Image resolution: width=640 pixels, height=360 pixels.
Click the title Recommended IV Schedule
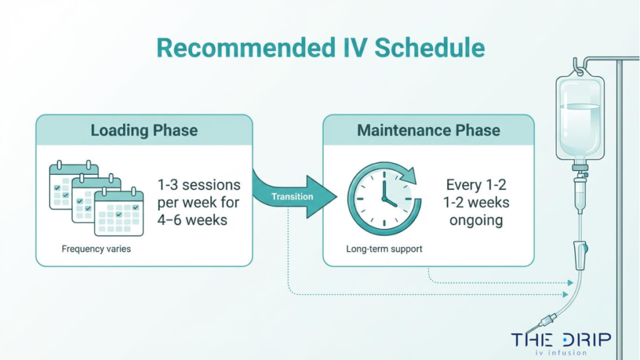[320, 49]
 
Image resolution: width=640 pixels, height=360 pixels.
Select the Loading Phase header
[144, 130]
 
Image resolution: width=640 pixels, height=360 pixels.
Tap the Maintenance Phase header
[428, 130]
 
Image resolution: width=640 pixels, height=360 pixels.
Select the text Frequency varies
[96, 249]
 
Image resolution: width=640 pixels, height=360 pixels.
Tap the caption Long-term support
[384, 249]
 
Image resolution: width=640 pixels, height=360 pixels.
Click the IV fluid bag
[581, 119]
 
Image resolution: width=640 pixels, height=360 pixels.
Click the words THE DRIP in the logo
[561, 339]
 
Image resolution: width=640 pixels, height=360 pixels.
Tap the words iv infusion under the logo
[561, 352]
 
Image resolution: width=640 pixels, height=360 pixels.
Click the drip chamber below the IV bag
[581, 187]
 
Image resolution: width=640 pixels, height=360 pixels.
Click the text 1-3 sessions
[199, 185]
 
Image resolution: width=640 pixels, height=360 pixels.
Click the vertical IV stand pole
[619, 187]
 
